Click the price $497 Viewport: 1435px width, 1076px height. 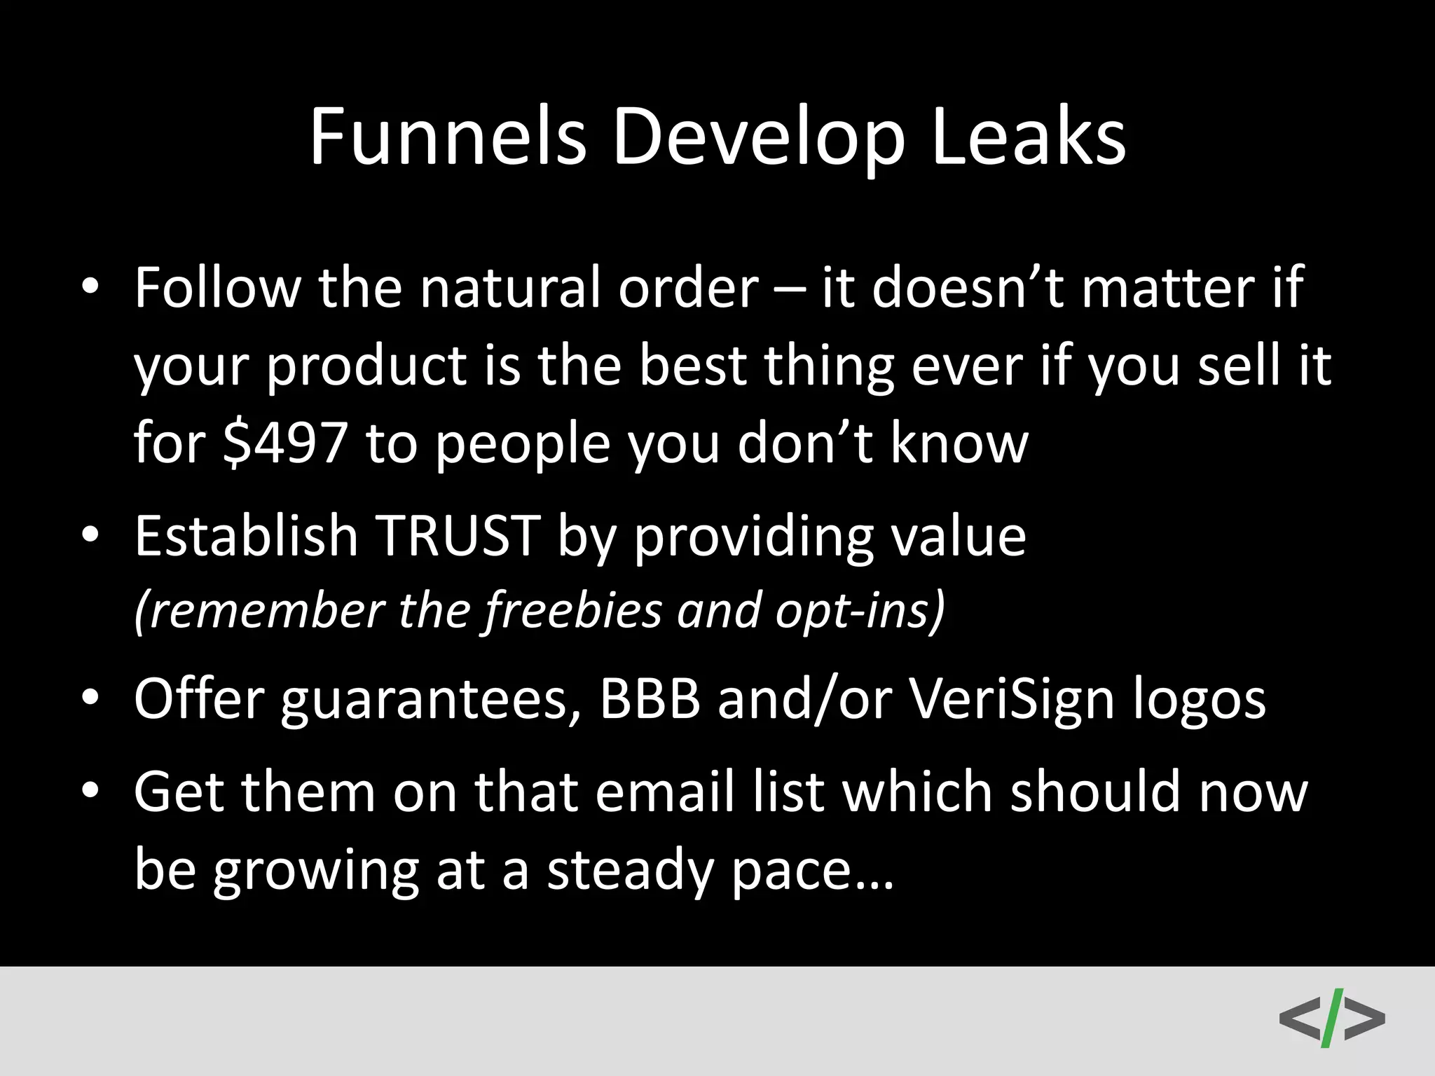point(285,443)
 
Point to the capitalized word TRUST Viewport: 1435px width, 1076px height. point(458,536)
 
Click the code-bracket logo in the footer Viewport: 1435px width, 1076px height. point(1331,1017)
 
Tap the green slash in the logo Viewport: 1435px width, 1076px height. point(1331,1017)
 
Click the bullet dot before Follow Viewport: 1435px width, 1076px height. point(90,289)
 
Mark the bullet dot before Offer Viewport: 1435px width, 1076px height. point(90,699)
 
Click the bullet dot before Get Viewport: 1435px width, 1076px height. point(90,792)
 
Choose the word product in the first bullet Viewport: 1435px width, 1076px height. point(366,366)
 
